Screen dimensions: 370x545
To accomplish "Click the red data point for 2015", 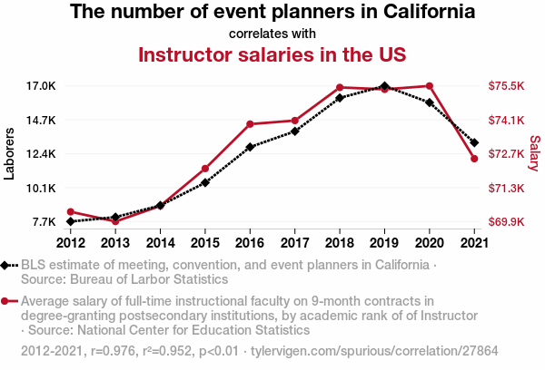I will (x=205, y=169).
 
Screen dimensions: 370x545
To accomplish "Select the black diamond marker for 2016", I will (x=250, y=147).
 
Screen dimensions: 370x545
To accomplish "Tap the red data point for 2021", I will (x=474, y=159).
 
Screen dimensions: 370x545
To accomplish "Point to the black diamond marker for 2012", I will (x=71, y=221).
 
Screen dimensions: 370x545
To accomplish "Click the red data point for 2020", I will (x=429, y=86).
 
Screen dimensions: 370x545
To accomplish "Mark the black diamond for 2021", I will (x=474, y=142).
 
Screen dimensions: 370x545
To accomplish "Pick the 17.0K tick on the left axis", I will (x=40, y=86).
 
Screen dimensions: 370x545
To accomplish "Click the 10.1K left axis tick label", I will (x=40, y=188).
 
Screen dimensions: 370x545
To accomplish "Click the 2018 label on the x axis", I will (x=340, y=242).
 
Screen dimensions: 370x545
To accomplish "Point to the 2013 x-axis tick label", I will (x=115, y=242).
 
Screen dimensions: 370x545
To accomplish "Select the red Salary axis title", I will (x=535, y=153).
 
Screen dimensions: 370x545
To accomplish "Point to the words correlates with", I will (x=272, y=33).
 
